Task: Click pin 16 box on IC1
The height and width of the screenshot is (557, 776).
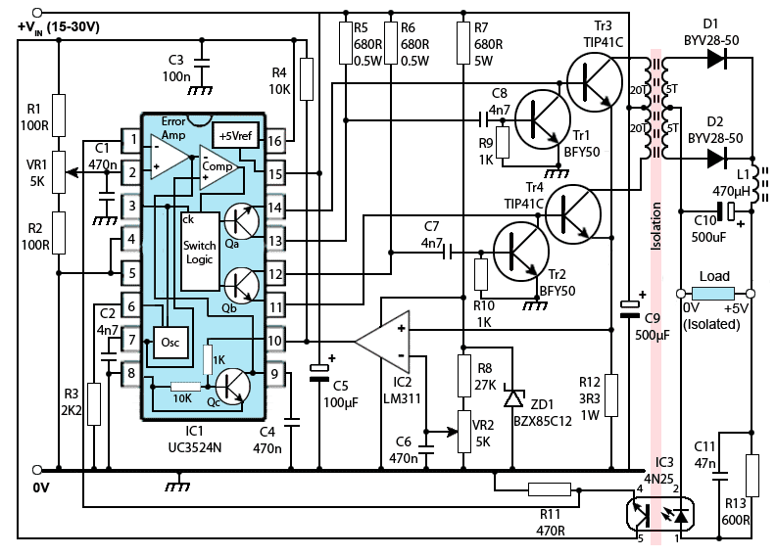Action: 275,140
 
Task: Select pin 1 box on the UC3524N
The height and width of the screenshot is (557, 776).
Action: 129,140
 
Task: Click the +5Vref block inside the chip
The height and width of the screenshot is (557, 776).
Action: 234,136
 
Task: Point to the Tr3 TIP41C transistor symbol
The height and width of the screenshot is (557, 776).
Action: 595,83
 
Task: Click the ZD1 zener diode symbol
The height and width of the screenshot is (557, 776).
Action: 512,397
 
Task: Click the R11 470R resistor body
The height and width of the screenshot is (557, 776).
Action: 550,489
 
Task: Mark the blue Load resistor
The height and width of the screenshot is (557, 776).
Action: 713,294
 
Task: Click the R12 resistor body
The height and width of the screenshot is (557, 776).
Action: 610,395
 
